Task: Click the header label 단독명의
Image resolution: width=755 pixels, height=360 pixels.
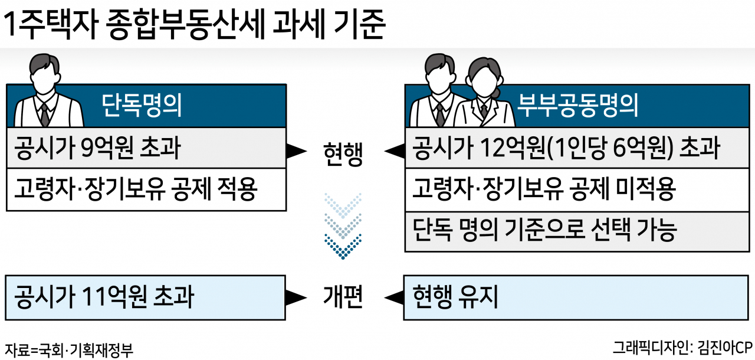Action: click(142, 105)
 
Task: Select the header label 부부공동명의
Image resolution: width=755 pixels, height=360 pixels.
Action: click(577, 105)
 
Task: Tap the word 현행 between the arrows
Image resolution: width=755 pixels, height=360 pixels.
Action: click(343, 154)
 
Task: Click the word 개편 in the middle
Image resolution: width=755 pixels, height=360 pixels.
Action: click(343, 297)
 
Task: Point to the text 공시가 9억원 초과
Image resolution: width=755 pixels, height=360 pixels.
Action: click(97, 148)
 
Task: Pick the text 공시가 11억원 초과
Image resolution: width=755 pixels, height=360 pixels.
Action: click(104, 297)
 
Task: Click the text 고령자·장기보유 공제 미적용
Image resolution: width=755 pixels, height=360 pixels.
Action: click(544, 189)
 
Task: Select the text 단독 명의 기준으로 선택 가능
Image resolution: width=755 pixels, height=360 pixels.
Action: click(544, 230)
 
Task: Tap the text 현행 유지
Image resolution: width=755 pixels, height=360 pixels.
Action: click(455, 297)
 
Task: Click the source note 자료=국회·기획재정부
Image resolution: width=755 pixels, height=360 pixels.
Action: click(69, 350)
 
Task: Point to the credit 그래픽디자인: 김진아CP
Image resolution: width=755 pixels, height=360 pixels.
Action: click(682, 348)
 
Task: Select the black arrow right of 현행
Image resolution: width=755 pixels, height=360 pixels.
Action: click(395, 150)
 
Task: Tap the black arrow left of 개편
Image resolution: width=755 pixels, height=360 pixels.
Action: click(296, 297)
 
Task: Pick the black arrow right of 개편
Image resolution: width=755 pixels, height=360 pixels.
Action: click(394, 297)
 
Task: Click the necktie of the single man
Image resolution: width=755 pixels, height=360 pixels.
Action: click(45, 114)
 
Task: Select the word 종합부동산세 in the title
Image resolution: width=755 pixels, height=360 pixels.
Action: click(185, 24)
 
